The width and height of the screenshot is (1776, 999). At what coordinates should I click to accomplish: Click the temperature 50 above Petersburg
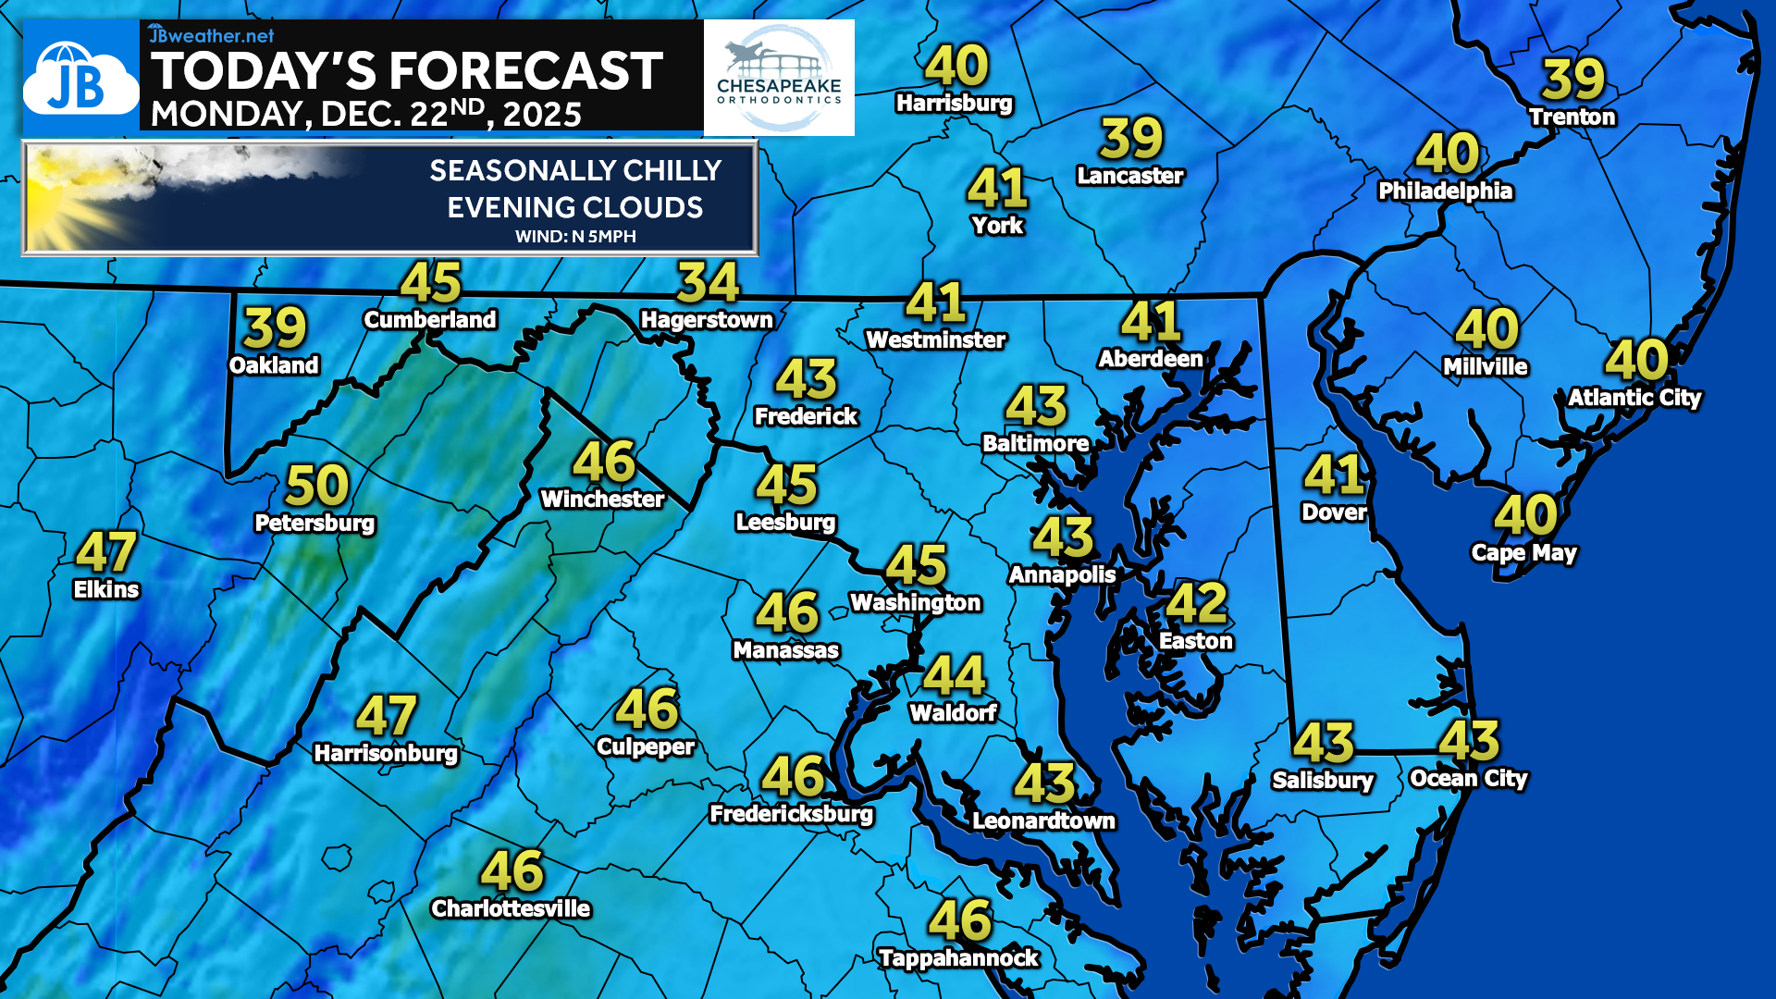pos(317,486)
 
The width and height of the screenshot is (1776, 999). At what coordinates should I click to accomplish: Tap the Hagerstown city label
pos(707,320)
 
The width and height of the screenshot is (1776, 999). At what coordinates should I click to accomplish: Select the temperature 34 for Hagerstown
pos(708,283)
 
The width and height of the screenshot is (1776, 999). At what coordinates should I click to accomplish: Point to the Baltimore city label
pos(1035,444)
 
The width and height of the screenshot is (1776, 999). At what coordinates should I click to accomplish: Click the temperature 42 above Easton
pos(1196,603)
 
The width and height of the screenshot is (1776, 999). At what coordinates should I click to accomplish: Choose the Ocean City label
pos(1468,779)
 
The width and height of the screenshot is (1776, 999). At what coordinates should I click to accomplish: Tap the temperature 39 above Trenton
pos(1572,80)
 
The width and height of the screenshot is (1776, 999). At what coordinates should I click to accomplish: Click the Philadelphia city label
pos(1445,191)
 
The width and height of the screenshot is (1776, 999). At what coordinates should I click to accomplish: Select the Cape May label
pos(1523,553)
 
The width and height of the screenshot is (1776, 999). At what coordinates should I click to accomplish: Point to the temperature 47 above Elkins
pos(106,552)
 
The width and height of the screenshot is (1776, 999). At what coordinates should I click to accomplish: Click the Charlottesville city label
pos(511,909)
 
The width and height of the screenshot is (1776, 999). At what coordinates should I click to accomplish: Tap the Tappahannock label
pos(958,958)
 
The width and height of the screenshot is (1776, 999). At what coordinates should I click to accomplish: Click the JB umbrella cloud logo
pos(80,80)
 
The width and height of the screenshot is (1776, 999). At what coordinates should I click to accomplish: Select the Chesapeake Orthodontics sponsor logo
pos(779,79)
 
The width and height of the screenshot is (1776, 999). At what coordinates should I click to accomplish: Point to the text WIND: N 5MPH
pos(575,237)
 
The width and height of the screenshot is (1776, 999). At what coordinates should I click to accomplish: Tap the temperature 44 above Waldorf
pos(954,676)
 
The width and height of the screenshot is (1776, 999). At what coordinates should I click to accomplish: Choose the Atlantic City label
pos(1634,398)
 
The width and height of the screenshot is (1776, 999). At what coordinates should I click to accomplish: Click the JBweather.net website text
pos(212,35)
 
